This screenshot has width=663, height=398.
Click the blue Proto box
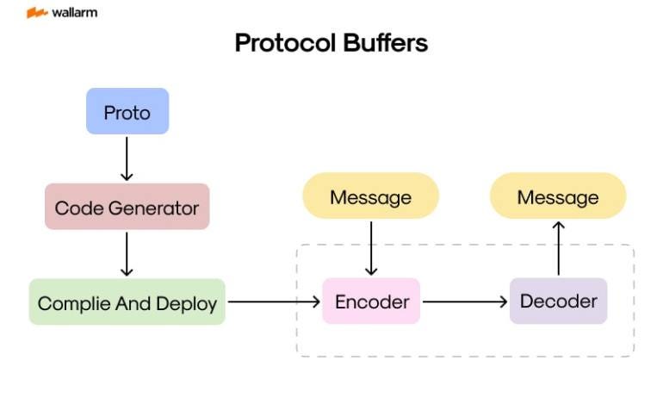coord(127,112)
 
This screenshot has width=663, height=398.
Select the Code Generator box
coord(127,207)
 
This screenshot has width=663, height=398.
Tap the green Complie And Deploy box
coord(127,302)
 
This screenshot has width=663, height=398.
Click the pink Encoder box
coord(371,302)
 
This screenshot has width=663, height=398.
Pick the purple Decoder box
coord(558,302)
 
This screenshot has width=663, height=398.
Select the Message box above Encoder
coord(370,196)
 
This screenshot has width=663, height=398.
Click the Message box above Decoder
coord(558,196)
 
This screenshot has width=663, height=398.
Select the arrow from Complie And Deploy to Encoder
coord(273,302)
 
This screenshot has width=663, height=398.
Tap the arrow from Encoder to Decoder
coord(465,302)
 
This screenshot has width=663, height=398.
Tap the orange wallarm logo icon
coord(36,13)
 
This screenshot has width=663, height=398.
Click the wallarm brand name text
coord(75,13)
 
